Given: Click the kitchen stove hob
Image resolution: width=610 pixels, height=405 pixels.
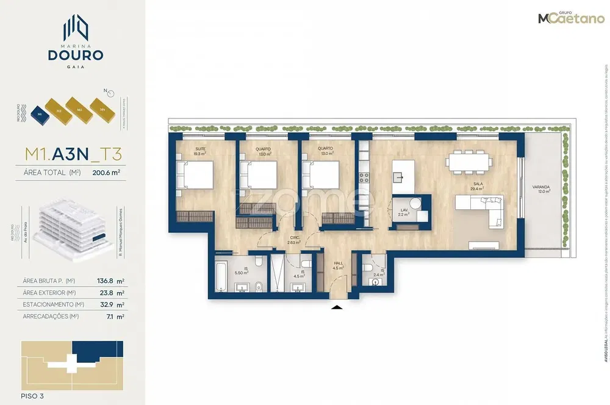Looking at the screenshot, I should [364, 177].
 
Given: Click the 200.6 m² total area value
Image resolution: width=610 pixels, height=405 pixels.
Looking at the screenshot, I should [106, 172].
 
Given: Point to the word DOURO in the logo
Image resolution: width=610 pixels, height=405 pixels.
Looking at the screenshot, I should [76, 55].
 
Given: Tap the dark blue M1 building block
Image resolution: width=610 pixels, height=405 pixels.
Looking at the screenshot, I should [39, 113].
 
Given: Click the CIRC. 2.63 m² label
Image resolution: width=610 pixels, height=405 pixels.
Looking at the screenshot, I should [295, 240].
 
